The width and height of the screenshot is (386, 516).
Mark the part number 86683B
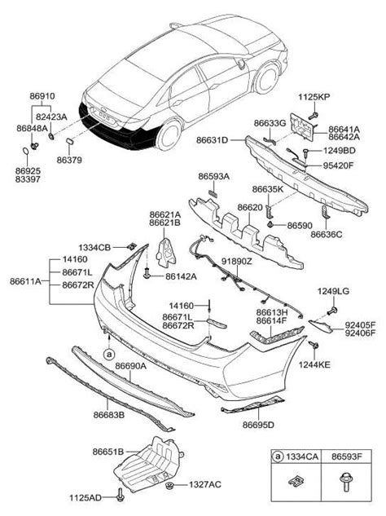pyautogui.click(x=107, y=415)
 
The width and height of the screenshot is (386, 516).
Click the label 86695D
pyautogui.click(x=257, y=425)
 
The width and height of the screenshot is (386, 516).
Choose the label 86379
pyautogui.click(x=69, y=161)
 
